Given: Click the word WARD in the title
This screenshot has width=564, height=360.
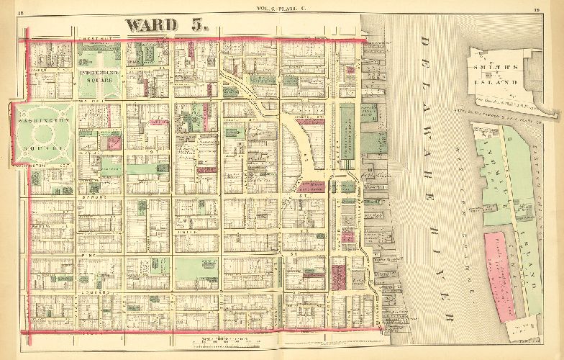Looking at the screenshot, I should (x=150, y=24).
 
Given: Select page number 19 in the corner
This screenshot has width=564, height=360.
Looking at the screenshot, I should (x=556, y=8).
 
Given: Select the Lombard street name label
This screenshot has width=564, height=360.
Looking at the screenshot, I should (x=101, y=292).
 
